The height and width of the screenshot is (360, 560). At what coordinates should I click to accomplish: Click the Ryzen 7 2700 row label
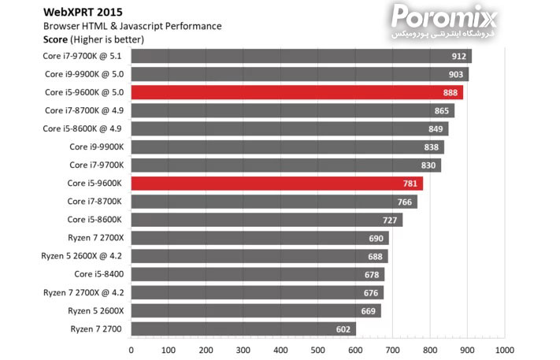[96, 328]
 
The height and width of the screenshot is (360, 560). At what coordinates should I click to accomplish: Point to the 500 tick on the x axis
[317, 350]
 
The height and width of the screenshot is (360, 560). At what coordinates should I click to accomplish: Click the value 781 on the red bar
[410, 184]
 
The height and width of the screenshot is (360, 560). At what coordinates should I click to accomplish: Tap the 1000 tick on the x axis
[504, 350]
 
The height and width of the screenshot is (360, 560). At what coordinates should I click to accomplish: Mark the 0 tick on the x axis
[131, 350]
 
